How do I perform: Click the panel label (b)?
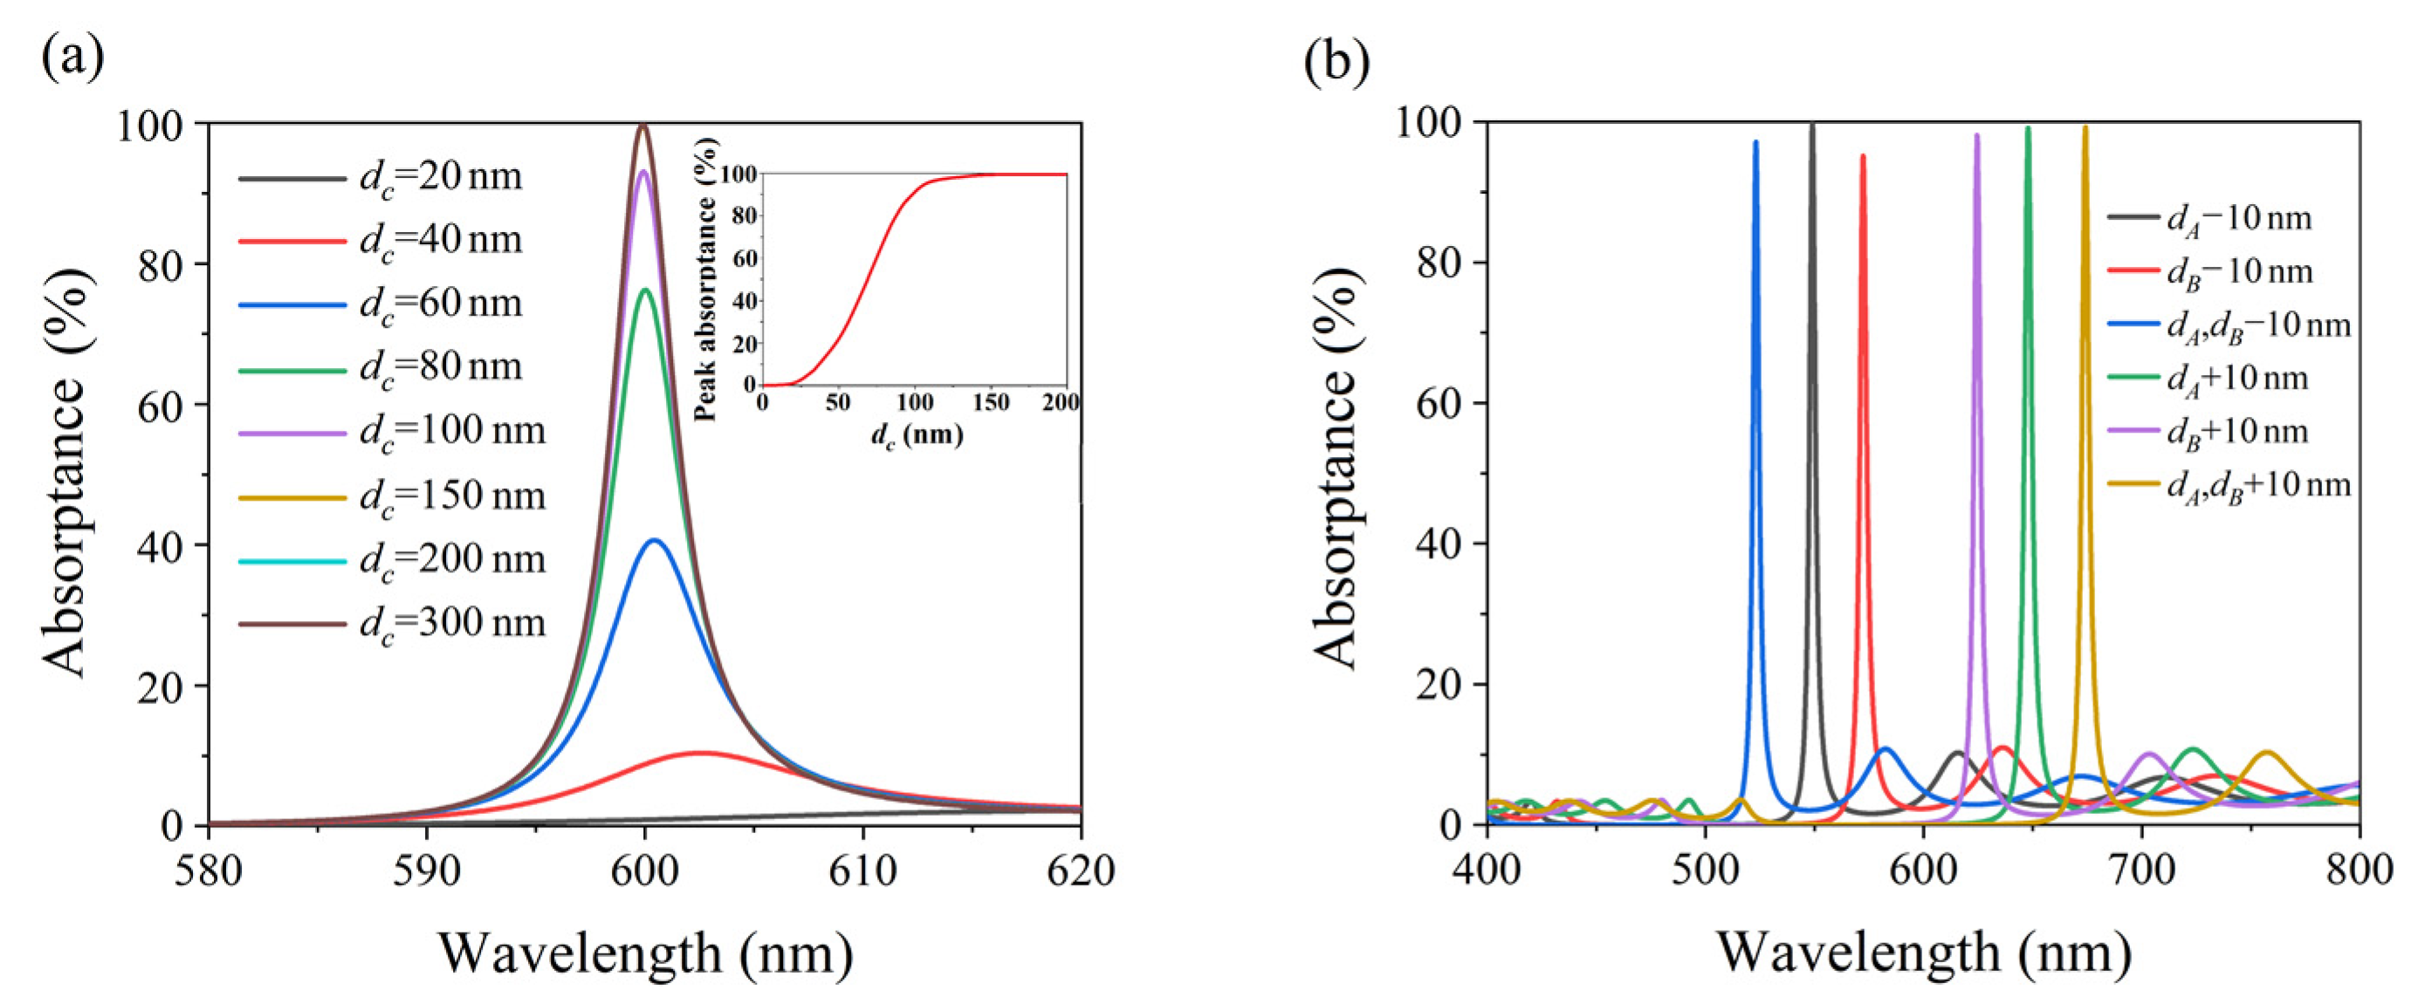click(x=1336, y=61)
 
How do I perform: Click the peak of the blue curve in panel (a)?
click(x=654, y=540)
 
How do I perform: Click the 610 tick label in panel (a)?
click(x=862, y=871)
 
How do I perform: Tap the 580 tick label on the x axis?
click(x=208, y=871)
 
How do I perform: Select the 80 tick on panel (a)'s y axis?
click(x=159, y=264)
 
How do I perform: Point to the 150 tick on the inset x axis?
click(x=989, y=404)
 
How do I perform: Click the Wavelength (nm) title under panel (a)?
click(x=645, y=953)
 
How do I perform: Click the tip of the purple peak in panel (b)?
click(x=1977, y=134)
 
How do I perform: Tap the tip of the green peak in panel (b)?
click(x=2028, y=127)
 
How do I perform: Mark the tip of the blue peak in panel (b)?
click(x=1755, y=141)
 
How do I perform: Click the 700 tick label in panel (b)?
click(x=2141, y=870)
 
